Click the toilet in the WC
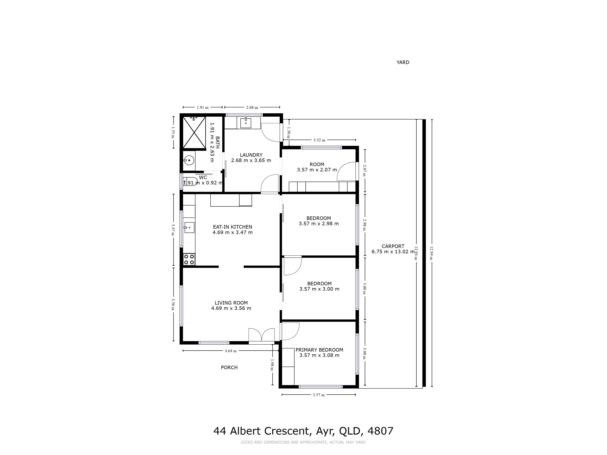[x=190, y=181]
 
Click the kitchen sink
[x=189, y=227]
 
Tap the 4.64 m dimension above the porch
[x=231, y=351]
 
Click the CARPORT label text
[x=393, y=246]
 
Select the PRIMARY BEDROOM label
[x=319, y=350]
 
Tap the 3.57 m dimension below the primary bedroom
[x=319, y=395]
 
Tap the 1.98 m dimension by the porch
[x=272, y=365]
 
